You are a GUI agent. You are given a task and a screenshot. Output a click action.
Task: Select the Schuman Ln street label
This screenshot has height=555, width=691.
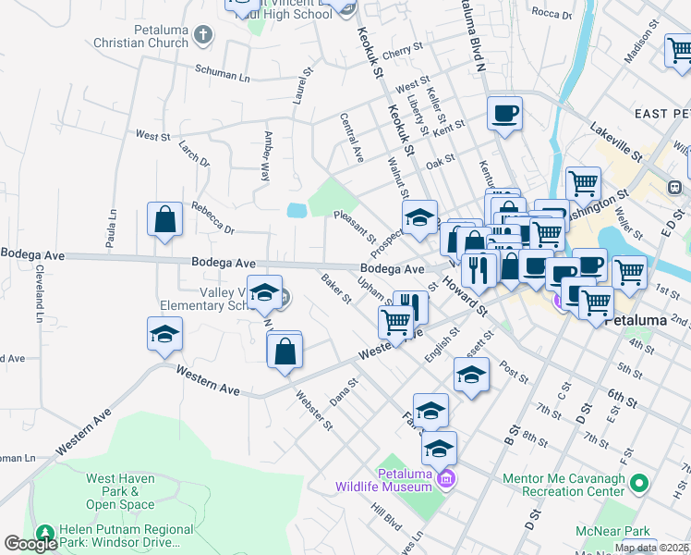(222, 72)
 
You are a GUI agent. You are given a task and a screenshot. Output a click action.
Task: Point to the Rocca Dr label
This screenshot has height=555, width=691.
(552, 13)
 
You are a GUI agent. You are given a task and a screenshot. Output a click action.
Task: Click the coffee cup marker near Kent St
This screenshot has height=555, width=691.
(504, 114)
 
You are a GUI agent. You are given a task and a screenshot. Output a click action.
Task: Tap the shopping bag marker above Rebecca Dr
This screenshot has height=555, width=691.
(164, 220)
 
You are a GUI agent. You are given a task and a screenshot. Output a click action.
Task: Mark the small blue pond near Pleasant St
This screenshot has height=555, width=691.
(297, 211)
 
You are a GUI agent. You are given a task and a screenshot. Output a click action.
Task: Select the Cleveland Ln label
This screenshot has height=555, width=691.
(40, 296)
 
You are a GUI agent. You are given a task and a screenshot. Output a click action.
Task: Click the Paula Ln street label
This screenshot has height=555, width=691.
(111, 227)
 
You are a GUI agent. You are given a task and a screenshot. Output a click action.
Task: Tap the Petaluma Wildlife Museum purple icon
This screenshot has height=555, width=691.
(447, 478)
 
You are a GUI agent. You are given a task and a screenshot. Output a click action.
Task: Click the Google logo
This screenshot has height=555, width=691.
(30, 544)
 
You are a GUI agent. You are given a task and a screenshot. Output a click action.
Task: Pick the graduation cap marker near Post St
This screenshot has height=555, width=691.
(471, 376)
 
